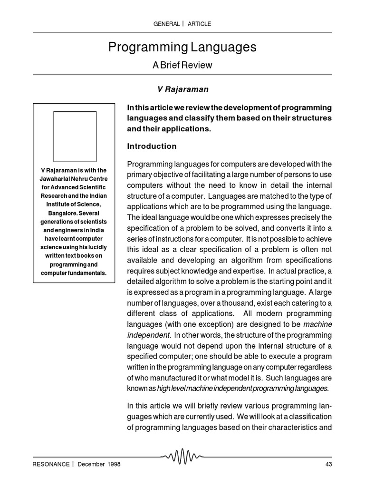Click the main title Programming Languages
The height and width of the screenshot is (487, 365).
182,47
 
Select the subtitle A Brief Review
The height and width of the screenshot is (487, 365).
182,65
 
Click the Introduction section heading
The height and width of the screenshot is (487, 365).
151,146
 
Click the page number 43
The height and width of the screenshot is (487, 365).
327,464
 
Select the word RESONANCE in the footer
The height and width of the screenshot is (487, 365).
51,464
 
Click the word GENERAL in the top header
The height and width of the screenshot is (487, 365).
166,23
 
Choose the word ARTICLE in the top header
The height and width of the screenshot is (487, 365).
199,23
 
